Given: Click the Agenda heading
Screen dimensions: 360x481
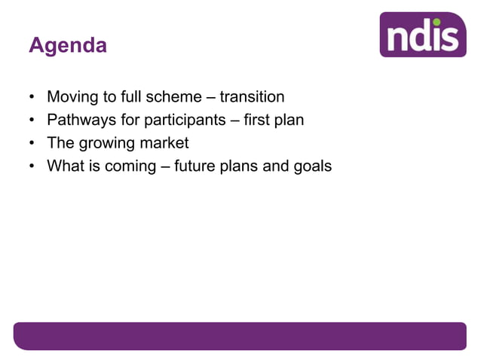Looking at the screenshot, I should point(68,46).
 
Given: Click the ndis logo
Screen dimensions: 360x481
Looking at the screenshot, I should point(422,35).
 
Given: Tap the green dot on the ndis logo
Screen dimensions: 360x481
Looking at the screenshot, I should point(452,22).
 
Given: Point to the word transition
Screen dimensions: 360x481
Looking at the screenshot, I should point(252,97).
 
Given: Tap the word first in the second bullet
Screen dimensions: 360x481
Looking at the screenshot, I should point(257,120).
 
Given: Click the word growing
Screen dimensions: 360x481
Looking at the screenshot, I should point(106,142).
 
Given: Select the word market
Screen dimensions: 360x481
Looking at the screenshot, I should point(163,142).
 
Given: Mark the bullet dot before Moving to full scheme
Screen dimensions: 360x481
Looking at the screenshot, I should point(32,98).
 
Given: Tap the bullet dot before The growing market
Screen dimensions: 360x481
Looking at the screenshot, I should point(32,143).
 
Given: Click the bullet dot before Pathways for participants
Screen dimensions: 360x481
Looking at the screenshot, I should point(32,121).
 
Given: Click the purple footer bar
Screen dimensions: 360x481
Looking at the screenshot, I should point(240,336).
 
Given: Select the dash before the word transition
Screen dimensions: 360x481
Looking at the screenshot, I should point(210,98).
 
